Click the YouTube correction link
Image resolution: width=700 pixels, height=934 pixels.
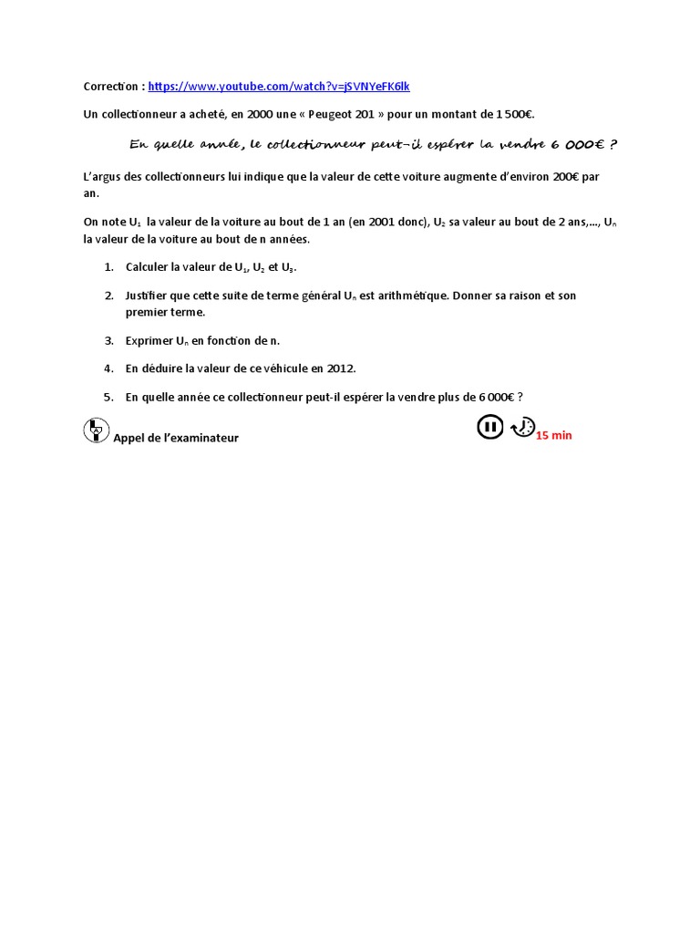point(279,87)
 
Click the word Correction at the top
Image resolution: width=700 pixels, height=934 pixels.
point(111,87)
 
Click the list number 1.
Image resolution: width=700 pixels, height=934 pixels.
point(108,266)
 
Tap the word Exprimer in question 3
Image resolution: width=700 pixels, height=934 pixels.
point(149,340)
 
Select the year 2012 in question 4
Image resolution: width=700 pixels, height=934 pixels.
point(338,368)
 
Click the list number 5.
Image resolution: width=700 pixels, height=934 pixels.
point(108,397)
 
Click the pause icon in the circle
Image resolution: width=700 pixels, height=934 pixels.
point(490,427)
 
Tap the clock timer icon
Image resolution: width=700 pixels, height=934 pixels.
point(522,427)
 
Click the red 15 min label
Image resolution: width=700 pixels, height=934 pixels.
point(554,436)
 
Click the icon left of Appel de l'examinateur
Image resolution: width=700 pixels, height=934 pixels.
point(95,431)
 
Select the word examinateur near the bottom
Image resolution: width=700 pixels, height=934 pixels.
point(203,438)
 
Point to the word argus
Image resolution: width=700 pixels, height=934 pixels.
point(102,177)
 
